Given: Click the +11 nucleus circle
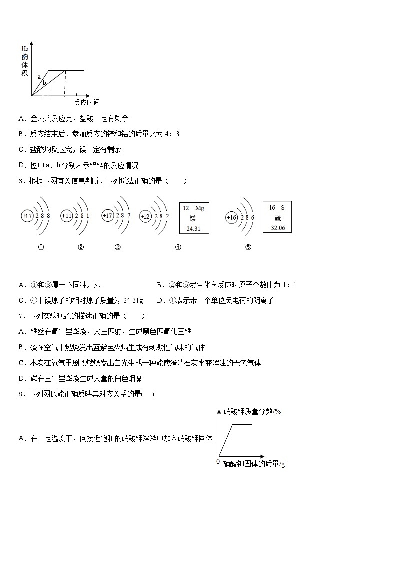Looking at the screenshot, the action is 66,216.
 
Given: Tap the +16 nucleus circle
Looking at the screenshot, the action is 231,218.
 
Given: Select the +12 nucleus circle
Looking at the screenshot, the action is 145,217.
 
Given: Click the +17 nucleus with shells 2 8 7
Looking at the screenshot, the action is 107,216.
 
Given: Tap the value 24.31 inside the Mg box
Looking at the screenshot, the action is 193,229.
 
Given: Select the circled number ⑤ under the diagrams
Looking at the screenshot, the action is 248,247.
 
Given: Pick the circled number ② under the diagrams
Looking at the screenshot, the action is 81,247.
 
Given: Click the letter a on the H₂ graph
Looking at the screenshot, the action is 39,77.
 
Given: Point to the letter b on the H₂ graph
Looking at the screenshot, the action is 44,83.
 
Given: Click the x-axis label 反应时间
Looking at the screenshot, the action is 87,102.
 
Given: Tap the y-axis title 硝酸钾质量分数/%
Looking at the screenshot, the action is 253,411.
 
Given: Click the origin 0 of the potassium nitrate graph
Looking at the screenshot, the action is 218,461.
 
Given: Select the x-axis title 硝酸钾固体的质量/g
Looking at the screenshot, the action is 254,464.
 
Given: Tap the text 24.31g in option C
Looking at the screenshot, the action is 133,300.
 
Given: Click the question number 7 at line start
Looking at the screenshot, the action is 20,316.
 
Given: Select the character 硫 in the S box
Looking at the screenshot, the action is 277,218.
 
